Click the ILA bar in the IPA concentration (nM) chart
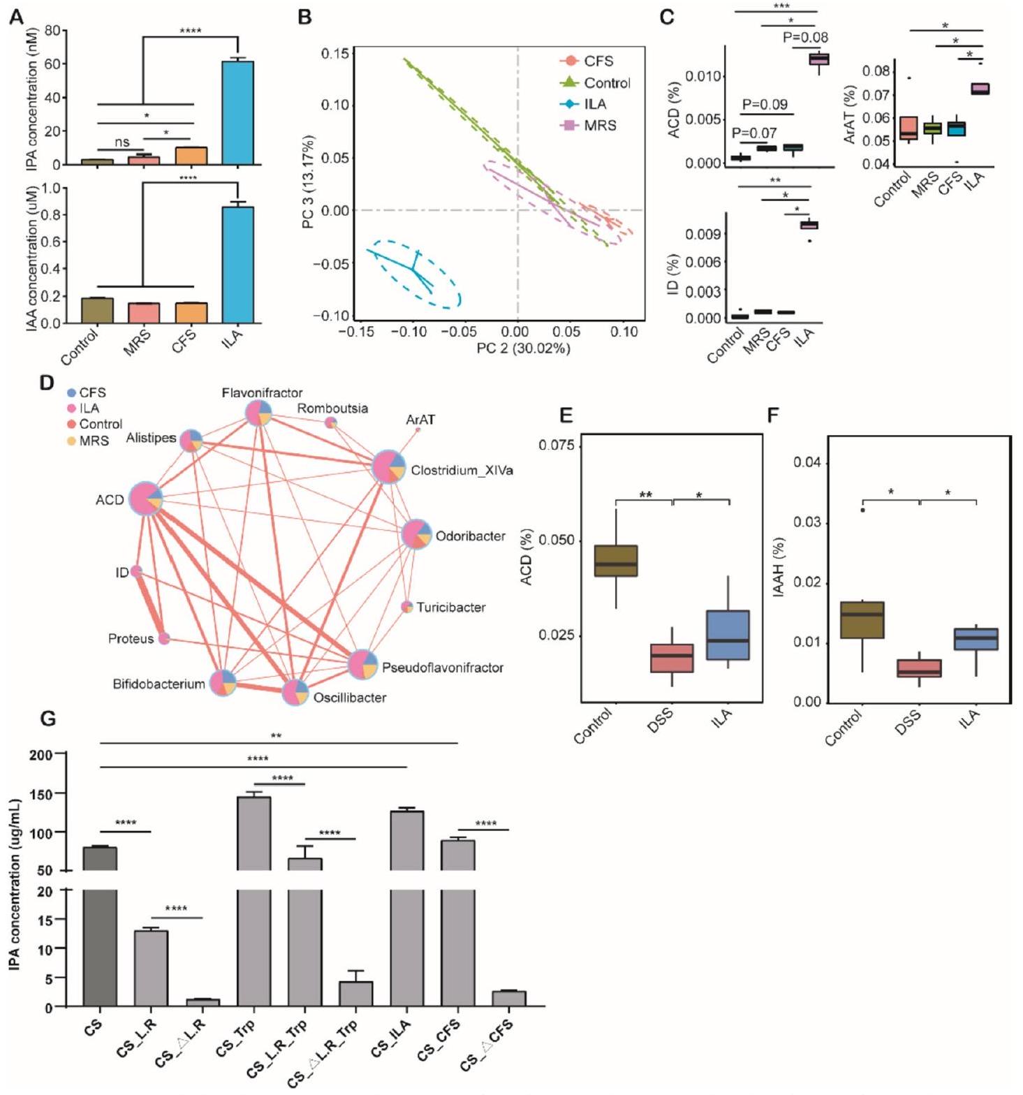tap(237, 112)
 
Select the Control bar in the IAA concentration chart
tap(97, 310)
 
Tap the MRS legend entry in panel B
tap(600, 126)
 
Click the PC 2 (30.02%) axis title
tap(523, 348)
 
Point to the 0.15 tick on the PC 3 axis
tap(335, 53)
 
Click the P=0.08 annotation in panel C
tap(805, 38)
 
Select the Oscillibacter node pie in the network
tap(295, 692)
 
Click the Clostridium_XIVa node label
tap(462, 471)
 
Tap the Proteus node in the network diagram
tap(164, 638)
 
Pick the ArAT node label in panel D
tap(420, 420)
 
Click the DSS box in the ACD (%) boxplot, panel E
tap(672, 658)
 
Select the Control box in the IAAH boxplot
tap(862, 619)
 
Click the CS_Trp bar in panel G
tap(253, 901)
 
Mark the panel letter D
tap(47, 383)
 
